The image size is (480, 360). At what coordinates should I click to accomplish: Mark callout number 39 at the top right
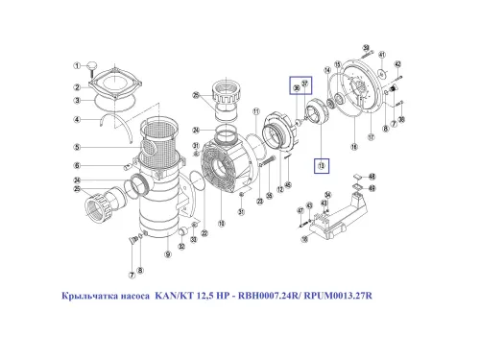367,47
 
